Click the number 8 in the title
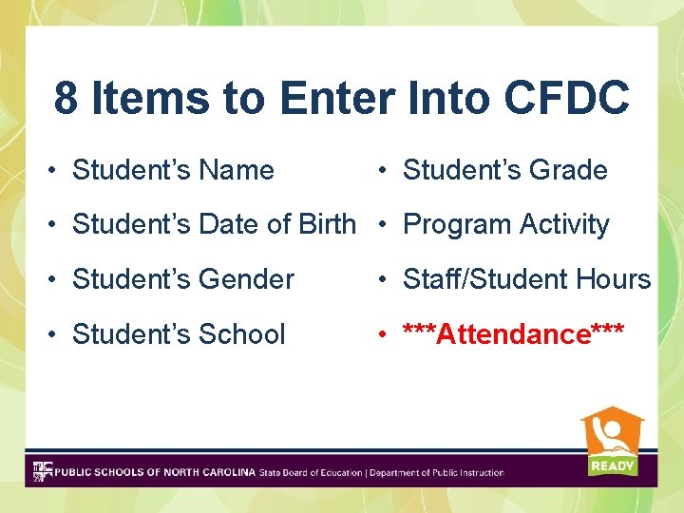click(x=66, y=98)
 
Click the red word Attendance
click(x=513, y=334)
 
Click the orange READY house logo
click(x=612, y=433)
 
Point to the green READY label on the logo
click(x=612, y=465)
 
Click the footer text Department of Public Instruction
click(x=437, y=472)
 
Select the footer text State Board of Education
click(x=310, y=472)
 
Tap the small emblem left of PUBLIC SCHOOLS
click(x=43, y=471)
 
